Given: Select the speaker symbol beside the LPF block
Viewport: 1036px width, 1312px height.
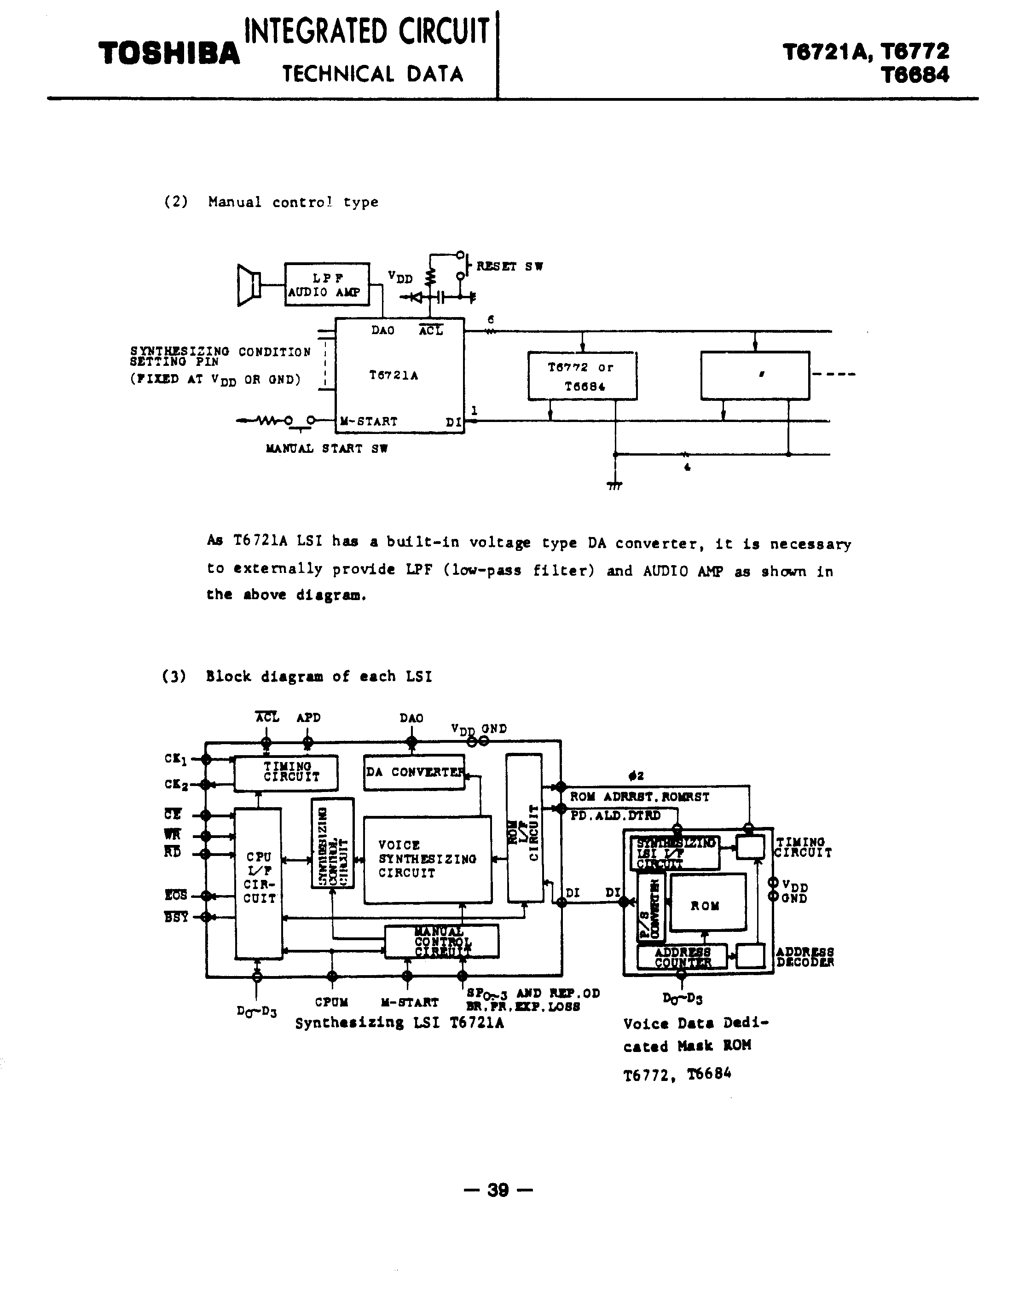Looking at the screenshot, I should click(x=248, y=284).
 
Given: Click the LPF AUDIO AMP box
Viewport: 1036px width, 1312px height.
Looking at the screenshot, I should click(x=327, y=284).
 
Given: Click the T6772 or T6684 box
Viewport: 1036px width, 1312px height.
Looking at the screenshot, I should click(x=582, y=376).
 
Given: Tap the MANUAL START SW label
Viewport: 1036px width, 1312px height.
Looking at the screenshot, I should click(x=326, y=449).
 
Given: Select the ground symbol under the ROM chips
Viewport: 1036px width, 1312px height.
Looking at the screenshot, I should click(x=614, y=485).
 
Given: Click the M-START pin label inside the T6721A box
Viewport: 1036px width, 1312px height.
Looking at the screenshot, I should click(x=369, y=422).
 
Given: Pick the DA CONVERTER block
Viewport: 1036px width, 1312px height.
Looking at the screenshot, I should click(x=414, y=772).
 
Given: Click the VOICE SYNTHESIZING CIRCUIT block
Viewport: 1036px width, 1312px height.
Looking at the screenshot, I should click(x=427, y=860).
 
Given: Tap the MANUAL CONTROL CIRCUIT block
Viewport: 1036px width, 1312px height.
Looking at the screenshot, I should click(x=441, y=942).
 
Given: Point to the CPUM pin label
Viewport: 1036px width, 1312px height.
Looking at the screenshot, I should click(x=331, y=1002).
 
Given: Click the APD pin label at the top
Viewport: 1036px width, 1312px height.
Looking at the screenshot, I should click(x=308, y=717).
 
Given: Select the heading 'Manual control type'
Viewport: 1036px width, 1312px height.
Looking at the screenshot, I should click(x=293, y=202).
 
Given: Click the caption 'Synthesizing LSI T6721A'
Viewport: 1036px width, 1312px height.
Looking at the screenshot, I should click(x=399, y=1023).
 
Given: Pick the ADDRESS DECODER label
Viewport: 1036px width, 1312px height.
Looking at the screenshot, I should click(x=805, y=957).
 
